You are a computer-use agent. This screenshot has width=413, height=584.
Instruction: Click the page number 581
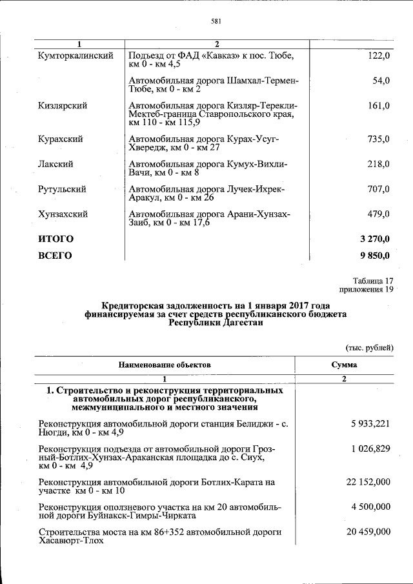click(217, 21)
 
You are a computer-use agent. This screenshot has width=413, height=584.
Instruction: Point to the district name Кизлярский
click(63, 105)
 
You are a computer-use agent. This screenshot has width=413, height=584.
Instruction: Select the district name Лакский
click(55, 164)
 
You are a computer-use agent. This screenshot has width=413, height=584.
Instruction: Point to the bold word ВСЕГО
click(55, 256)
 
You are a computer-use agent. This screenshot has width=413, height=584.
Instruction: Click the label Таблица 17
click(372, 281)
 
